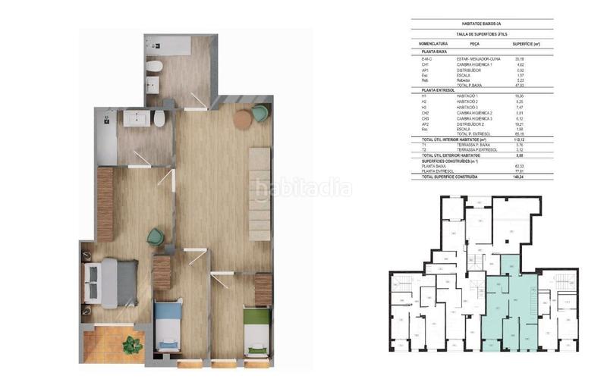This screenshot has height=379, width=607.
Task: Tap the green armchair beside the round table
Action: click(260, 114)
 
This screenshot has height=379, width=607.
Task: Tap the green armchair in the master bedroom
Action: click(156, 236)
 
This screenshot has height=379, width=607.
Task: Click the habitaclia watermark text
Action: click(303, 188)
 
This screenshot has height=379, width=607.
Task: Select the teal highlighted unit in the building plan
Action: click(509, 303)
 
